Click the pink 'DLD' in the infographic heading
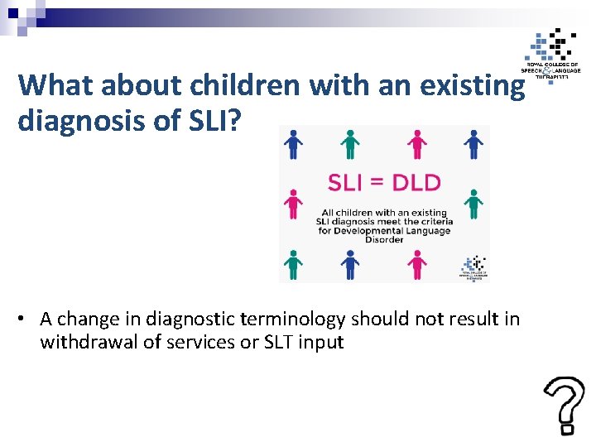414,182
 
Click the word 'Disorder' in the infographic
384,240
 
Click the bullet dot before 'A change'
27,320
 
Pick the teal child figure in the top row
350,144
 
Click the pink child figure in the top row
417,144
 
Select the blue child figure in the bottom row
350,264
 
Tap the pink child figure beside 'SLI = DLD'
291,204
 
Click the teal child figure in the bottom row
291,264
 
